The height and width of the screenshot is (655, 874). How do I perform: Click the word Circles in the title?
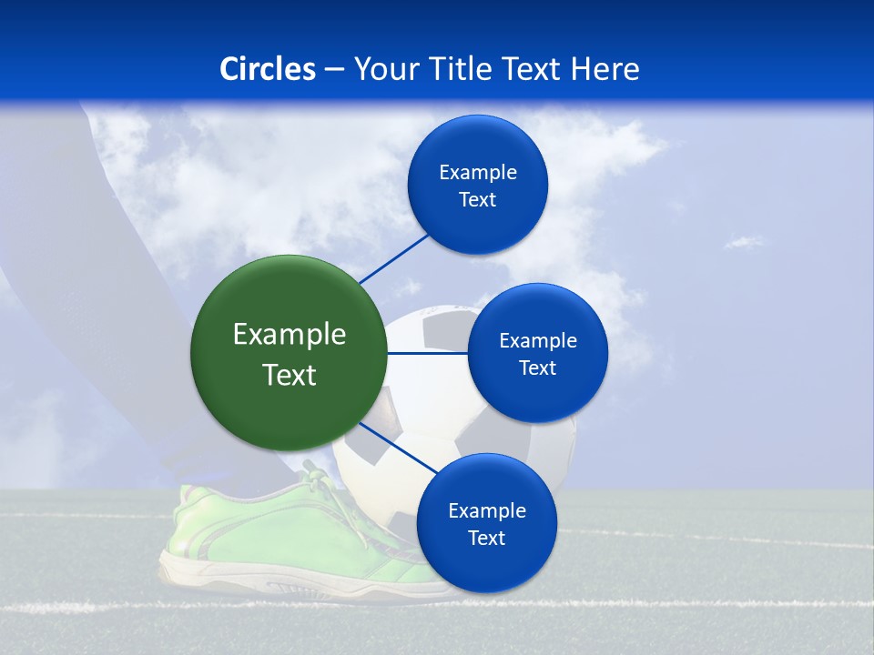(x=268, y=69)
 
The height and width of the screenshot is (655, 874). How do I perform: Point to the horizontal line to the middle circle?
(x=427, y=353)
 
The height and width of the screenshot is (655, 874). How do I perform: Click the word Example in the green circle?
(x=289, y=335)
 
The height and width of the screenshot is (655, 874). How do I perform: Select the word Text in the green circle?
(x=289, y=375)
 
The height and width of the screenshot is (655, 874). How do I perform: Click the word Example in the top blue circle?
(x=477, y=173)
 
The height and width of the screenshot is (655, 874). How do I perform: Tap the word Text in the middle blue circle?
(x=537, y=368)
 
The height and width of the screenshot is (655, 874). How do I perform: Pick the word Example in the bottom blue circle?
(x=486, y=511)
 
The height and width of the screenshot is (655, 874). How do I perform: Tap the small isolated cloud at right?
(x=745, y=241)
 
